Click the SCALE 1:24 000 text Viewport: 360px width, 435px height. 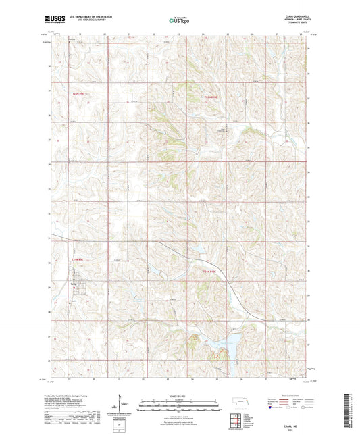[x=180, y=395]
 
